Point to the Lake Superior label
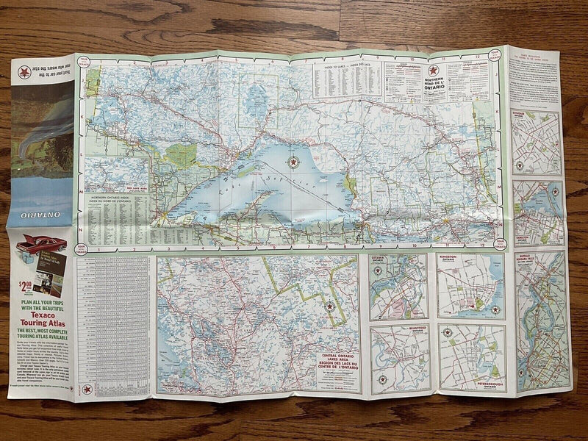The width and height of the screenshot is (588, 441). pos(250,184)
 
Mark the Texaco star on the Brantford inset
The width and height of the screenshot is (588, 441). pos(382,379)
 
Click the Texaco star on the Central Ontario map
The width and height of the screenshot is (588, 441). pos(329,306)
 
